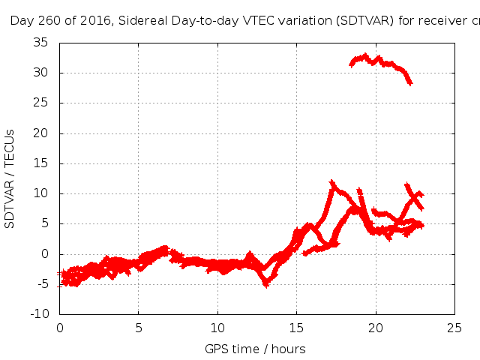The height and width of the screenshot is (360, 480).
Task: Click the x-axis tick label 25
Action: pos(454,328)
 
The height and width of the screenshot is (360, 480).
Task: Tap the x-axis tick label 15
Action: pos(297,328)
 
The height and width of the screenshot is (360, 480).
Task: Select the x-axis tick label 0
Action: pos(60,328)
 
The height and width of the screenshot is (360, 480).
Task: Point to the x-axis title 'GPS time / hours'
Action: pos(255,349)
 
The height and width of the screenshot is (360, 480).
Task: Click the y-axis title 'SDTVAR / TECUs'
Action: pos(10,178)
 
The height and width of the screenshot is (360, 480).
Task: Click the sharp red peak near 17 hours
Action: pos(331,182)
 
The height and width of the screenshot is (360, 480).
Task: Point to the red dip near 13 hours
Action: pos(265,283)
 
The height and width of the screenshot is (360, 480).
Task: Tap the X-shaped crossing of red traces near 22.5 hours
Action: pos(414,197)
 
